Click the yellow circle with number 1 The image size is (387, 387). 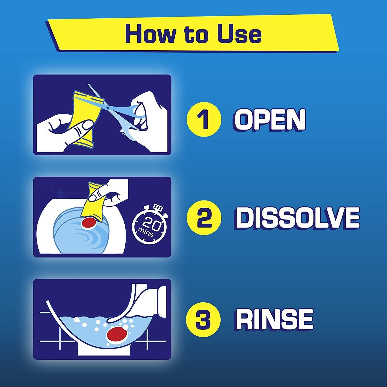(204, 119)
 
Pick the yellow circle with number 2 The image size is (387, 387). (204, 218)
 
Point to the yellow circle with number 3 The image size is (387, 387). (204, 319)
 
